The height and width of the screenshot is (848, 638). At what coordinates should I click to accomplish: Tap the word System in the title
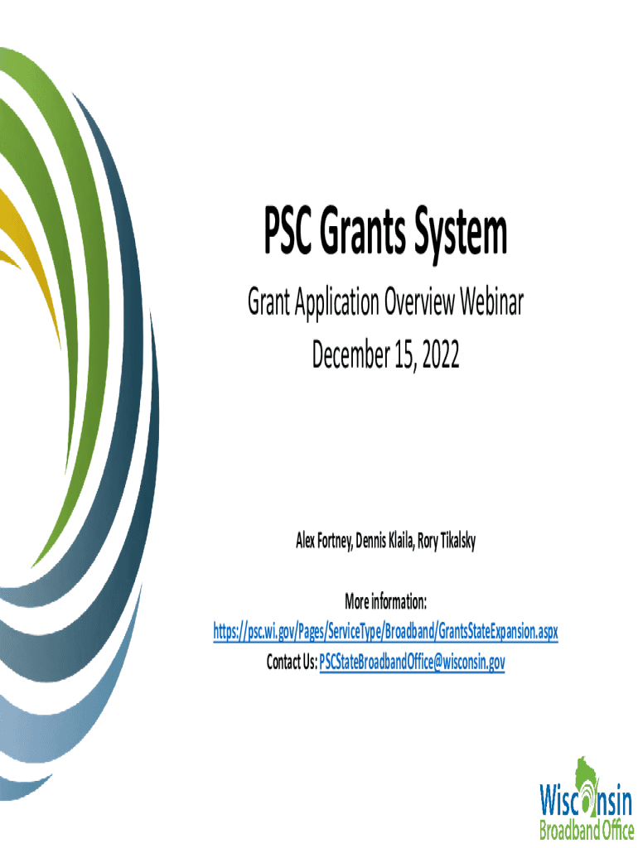[461, 235]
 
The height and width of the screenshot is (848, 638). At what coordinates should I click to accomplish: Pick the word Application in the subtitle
[336, 303]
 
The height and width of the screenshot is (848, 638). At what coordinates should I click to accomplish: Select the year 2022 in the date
[441, 354]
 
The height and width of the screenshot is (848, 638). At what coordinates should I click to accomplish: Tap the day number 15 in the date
[405, 355]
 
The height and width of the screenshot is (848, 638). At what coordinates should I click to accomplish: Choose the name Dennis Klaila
[385, 540]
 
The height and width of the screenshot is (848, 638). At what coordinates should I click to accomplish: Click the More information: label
[386, 601]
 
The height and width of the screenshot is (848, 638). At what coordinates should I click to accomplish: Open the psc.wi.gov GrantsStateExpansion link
[385, 631]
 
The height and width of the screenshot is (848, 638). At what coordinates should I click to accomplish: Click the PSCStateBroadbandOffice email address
[412, 662]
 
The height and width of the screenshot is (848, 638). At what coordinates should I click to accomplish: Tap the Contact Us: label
[292, 662]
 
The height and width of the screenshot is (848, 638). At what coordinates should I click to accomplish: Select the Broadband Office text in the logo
[587, 829]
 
